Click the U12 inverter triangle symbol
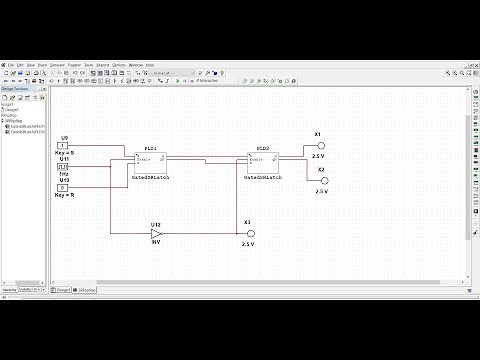point(157,233)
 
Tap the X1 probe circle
point(321,145)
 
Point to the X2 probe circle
point(321,180)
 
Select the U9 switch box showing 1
point(63,146)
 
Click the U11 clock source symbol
point(63,166)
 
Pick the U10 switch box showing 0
point(63,187)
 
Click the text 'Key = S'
point(64,153)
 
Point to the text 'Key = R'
point(64,194)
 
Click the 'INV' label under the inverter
point(156,243)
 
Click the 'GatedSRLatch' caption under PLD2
point(264,176)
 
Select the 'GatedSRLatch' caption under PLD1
point(150,176)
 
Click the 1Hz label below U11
point(63,173)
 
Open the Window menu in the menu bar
point(135,65)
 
